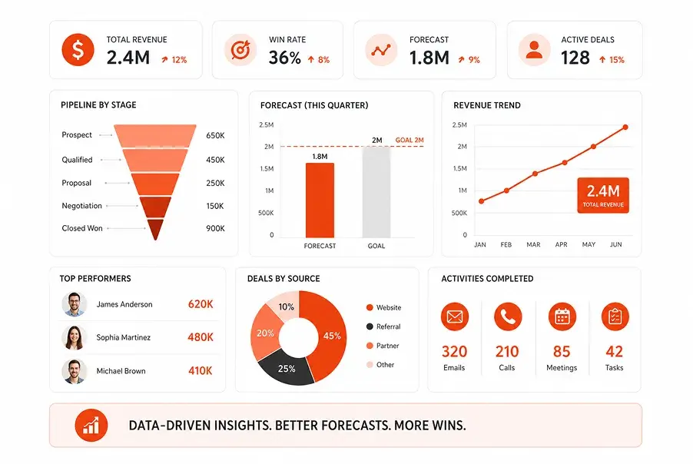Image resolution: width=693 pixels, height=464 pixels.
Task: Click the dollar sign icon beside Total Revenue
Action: click(78, 50)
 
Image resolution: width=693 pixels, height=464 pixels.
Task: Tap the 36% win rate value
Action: click(284, 58)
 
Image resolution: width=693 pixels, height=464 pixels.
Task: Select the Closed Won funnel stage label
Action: click(82, 228)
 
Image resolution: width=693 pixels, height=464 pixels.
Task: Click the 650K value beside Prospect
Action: click(215, 135)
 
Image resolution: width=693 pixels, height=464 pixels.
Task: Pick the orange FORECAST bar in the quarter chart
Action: click(320, 201)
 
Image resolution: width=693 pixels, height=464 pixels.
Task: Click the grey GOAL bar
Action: click(376, 192)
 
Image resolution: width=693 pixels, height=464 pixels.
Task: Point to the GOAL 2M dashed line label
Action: click(409, 140)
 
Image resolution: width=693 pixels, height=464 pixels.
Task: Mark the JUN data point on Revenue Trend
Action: click(625, 128)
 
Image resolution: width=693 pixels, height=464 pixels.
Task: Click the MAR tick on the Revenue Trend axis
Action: click(533, 244)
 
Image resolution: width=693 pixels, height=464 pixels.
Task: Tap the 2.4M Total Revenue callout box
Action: click(603, 195)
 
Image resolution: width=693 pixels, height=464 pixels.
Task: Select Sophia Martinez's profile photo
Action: click(74, 337)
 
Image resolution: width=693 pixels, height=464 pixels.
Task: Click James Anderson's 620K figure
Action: click(201, 304)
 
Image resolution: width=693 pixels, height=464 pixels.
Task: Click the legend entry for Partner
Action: click(383, 346)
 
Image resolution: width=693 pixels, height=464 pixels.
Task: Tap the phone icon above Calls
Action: click(508, 317)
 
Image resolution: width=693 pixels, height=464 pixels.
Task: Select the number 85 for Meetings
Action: click(562, 351)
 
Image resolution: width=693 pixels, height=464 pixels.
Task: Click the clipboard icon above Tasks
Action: click(615, 317)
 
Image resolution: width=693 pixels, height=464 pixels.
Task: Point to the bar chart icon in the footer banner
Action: click(91, 425)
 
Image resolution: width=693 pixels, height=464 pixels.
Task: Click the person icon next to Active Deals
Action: click(534, 50)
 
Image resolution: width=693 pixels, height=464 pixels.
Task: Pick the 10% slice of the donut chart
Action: click(284, 305)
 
